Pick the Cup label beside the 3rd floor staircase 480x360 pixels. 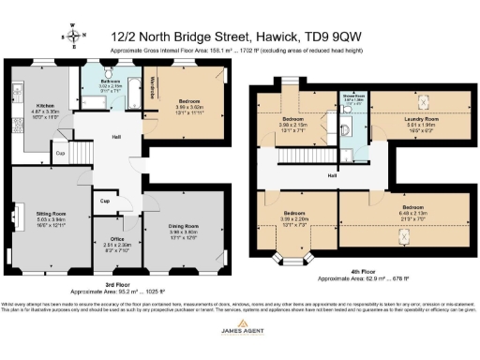click(x=59, y=153)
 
